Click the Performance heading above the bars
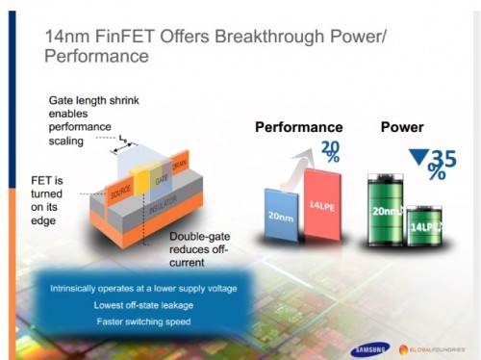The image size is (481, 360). point(298,127)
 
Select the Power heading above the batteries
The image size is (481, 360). point(401,126)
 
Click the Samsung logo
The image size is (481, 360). point(367,347)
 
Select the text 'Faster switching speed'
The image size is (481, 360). point(142,321)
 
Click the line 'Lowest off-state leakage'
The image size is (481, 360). point(142,305)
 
